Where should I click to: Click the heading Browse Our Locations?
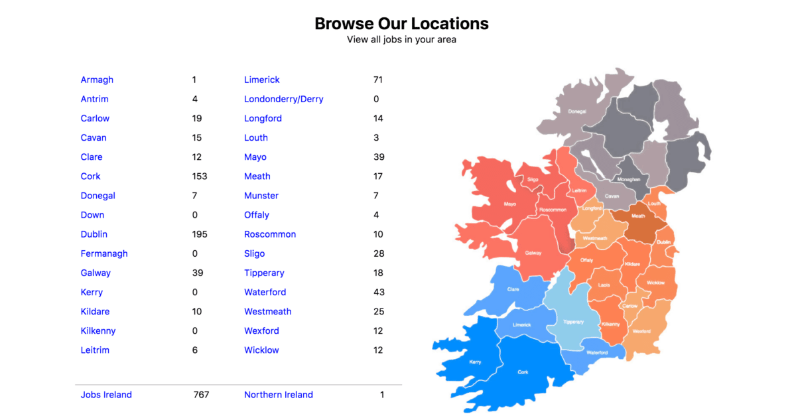tap(401, 24)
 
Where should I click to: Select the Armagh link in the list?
tap(97, 80)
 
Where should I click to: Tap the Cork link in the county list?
tap(91, 176)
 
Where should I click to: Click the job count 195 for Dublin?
tap(200, 234)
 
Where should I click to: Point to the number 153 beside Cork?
tap(200, 176)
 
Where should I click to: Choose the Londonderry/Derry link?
tap(284, 99)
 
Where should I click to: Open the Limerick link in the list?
tap(262, 80)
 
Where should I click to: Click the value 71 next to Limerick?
tap(378, 80)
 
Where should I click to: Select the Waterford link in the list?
tap(265, 292)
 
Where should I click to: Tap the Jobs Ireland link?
tap(106, 395)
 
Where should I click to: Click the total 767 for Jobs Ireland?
tap(201, 395)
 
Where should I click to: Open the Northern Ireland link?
tap(279, 395)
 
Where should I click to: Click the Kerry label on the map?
tap(475, 362)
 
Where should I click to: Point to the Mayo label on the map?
tap(510, 204)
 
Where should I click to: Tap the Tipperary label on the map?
tap(573, 322)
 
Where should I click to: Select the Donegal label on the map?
tap(577, 111)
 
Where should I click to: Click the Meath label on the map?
tap(638, 216)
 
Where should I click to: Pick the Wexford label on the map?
tap(641, 331)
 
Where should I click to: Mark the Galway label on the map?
tap(533, 253)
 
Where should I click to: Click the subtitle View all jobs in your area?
tap(401, 39)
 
